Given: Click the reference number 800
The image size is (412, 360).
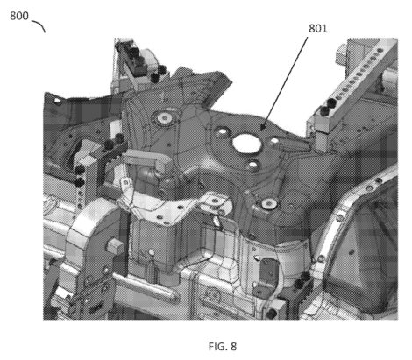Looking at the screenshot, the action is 19,16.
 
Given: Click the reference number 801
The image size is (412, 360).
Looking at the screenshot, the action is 318,28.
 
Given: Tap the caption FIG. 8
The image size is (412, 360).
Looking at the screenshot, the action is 223,347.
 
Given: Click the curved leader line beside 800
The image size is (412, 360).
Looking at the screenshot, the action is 39,25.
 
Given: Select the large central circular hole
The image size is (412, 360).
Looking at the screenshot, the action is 246,144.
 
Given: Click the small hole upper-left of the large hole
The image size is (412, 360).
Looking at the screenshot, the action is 223,131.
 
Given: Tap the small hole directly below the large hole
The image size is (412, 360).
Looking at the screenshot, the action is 252,165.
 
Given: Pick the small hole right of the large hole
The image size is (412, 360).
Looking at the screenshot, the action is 274,141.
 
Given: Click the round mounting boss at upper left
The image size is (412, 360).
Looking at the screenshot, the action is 165,118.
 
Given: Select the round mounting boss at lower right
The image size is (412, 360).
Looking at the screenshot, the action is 269,203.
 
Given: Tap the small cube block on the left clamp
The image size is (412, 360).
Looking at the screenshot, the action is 113,245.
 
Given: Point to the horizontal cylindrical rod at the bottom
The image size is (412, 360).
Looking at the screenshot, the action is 146,287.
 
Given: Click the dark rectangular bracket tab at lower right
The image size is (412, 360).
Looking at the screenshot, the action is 266,278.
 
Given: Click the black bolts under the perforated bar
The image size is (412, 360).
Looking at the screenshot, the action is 328,107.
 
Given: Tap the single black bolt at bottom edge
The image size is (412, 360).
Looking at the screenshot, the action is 272,314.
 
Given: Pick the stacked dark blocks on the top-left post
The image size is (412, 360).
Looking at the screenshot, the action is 137,62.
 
